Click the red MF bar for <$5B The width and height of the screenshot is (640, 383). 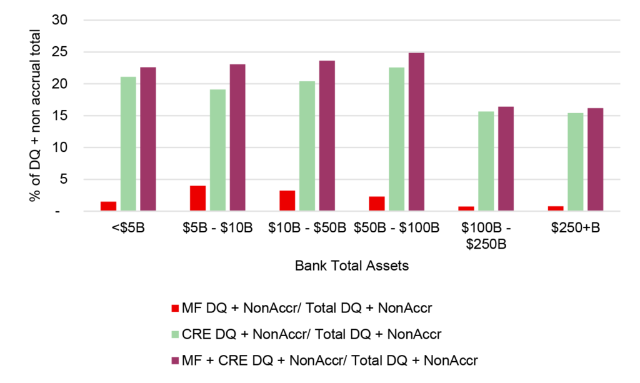tap(108, 206)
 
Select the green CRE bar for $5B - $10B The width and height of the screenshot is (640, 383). tap(217, 150)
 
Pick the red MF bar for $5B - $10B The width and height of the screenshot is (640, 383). tap(197, 198)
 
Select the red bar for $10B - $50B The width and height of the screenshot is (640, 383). tap(287, 201)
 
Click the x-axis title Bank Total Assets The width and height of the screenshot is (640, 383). tap(351, 266)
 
